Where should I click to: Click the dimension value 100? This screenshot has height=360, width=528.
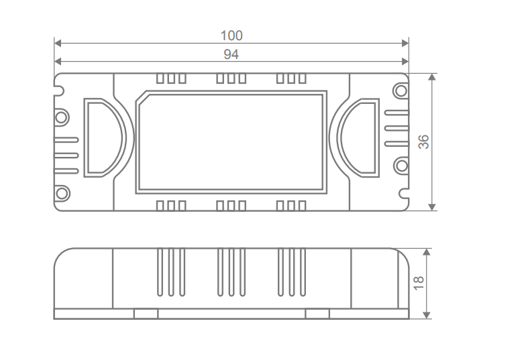[x=231, y=35]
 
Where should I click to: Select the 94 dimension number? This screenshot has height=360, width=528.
[x=231, y=54]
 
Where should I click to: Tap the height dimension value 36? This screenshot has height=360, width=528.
[x=423, y=141]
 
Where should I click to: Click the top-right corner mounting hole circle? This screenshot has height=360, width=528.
[x=401, y=89]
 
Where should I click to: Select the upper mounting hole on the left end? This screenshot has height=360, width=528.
[x=62, y=117]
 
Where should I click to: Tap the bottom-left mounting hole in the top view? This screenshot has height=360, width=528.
[x=62, y=194]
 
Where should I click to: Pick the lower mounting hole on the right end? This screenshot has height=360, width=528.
[x=401, y=165]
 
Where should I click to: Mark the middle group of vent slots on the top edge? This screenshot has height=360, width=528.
[x=231, y=78]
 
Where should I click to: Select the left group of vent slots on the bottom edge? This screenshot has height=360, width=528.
[x=171, y=205]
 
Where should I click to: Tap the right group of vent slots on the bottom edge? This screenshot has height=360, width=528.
[x=291, y=205]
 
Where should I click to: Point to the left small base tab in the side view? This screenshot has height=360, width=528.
[x=146, y=313]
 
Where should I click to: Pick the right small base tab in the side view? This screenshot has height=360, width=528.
[x=317, y=313]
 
